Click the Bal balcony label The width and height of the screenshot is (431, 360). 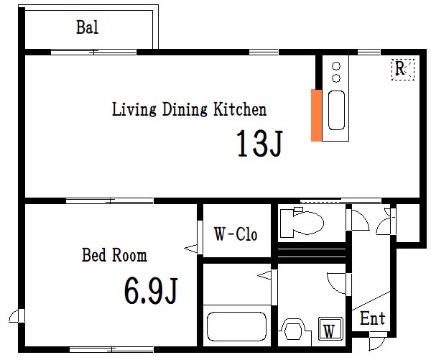[x=87, y=27]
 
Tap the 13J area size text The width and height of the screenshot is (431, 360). [x=259, y=143]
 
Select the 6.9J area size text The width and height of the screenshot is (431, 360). [x=151, y=291]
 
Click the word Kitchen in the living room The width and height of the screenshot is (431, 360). [x=240, y=109]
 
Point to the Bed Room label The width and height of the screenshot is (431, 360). [x=115, y=255]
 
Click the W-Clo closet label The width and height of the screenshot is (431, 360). [x=236, y=234]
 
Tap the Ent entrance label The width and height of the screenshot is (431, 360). [x=372, y=318]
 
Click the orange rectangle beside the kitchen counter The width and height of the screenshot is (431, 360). [x=316, y=115]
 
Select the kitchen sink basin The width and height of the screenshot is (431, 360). [x=336, y=110]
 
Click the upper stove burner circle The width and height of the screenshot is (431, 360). [x=336, y=66]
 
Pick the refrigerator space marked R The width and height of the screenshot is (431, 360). [x=403, y=70]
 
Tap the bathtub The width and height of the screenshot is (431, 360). [x=236, y=326]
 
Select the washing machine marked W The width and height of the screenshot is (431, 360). [x=330, y=328]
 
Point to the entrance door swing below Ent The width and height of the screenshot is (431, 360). [x=378, y=342]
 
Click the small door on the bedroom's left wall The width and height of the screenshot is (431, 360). [x=17, y=315]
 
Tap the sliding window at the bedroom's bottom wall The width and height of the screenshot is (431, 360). [x=111, y=350]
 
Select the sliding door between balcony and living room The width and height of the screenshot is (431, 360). [x=93, y=52]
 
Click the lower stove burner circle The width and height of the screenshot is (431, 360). [x=336, y=78]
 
